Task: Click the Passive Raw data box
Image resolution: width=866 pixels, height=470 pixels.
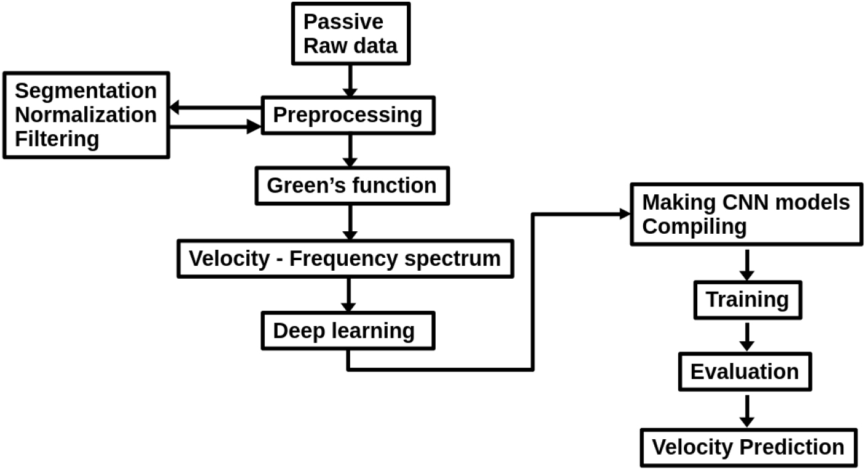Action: click(350, 33)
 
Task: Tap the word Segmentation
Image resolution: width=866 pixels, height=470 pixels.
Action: click(86, 91)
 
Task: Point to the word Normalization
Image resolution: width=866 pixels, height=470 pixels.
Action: click(86, 114)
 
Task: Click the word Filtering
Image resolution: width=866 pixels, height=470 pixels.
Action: click(57, 138)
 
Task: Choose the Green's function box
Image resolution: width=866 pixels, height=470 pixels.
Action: click(351, 185)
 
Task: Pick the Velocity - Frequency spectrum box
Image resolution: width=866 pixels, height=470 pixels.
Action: click(345, 258)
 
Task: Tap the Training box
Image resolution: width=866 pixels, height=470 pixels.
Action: click(747, 300)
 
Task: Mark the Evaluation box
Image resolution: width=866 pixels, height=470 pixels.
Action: click(745, 372)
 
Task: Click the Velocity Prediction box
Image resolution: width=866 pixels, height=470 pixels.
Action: click(748, 447)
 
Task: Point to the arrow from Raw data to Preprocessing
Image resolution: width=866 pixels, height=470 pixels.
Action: click(350, 80)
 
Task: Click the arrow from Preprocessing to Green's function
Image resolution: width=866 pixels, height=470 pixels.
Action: click(350, 150)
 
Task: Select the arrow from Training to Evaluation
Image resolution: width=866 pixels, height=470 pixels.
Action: click(747, 336)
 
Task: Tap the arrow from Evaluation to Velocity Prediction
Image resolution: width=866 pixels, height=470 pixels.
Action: click(747, 410)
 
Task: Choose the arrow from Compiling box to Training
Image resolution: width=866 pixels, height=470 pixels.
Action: click(747, 264)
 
